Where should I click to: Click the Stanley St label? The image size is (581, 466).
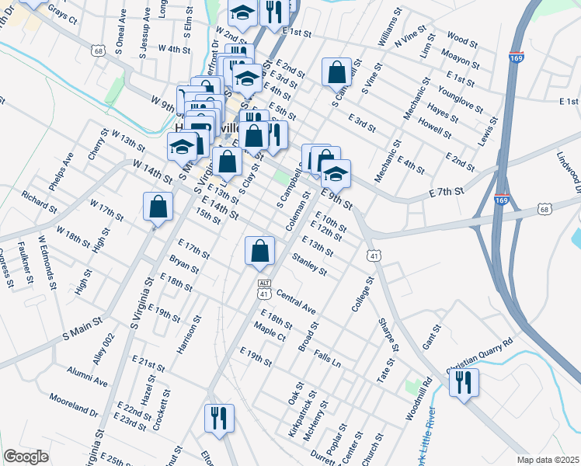pos(309,264)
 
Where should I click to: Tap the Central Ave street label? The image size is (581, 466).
pos(296,303)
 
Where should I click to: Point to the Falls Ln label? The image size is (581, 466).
pos(327,358)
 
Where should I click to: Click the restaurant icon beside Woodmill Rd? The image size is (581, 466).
pos(464,382)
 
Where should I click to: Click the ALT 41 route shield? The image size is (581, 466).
pos(264,289)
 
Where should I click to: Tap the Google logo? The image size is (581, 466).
pos(26,457)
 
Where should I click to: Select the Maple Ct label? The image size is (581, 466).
pos(270,333)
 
